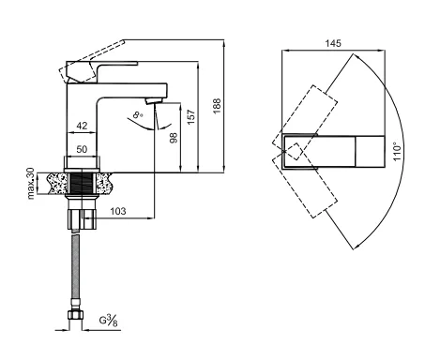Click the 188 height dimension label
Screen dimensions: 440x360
[217, 106]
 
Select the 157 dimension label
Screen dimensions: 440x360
[191, 117]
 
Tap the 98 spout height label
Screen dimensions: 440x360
[174, 138]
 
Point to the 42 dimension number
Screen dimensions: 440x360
[82, 126]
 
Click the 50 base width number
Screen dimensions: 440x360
[82, 149]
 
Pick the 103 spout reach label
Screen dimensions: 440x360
[118, 211]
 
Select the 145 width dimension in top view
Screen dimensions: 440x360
[333, 43]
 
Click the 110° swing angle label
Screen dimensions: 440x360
[397, 152]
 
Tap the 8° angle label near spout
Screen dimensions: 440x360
[138, 115]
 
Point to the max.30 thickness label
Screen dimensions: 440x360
[31, 184]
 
